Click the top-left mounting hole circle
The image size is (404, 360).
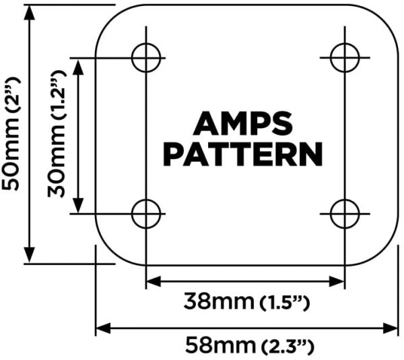tap(132, 57)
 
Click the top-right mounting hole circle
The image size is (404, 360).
tap(331, 57)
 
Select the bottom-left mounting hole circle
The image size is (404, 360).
tap(132, 214)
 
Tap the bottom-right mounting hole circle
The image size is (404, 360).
tap(331, 214)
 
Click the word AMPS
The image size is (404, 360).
tap(243, 123)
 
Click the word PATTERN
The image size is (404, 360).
tap(243, 154)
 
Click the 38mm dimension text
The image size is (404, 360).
tap(218, 301)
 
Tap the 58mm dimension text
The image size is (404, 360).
tap(221, 345)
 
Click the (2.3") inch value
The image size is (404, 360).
tap(288, 346)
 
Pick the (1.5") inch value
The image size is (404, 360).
tap(284, 302)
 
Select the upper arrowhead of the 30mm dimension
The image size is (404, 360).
tap(78, 67)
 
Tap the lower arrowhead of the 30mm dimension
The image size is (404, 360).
tap(78, 205)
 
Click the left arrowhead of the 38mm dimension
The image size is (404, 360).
tap(154, 281)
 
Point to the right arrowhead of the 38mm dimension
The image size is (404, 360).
tap(337, 281)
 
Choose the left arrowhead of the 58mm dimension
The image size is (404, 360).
tap(104, 328)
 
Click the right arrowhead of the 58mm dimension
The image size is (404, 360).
tap(391, 328)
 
